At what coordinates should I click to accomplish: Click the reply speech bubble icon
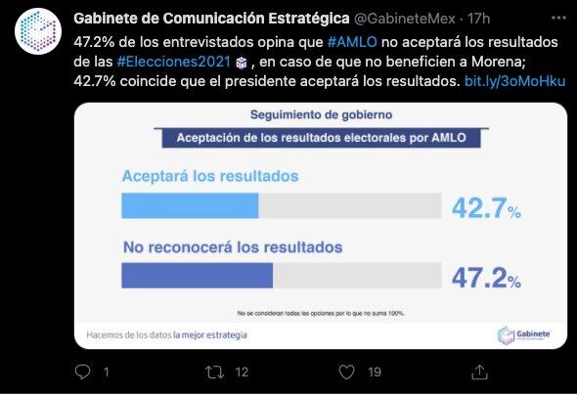pyautogui.click(x=83, y=372)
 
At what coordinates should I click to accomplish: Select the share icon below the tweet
pyautogui.click(x=479, y=372)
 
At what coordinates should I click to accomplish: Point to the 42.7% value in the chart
pyautogui.click(x=485, y=208)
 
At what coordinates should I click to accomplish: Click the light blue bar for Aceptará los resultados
pyautogui.click(x=190, y=205)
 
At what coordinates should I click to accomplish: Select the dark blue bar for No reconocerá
pyautogui.click(x=197, y=276)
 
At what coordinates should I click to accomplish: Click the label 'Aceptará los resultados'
pyautogui.click(x=209, y=177)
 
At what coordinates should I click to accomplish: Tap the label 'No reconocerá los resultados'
pyautogui.click(x=232, y=246)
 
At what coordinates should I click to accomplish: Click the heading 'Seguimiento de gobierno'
pyautogui.click(x=320, y=116)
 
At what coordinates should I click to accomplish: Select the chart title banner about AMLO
pyautogui.click(x=320, y=138)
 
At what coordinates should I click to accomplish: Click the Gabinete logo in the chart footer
pyautogui.click(x=525, y=334)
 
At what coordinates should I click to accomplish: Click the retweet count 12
pyautogui.click(x=243, y=372)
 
